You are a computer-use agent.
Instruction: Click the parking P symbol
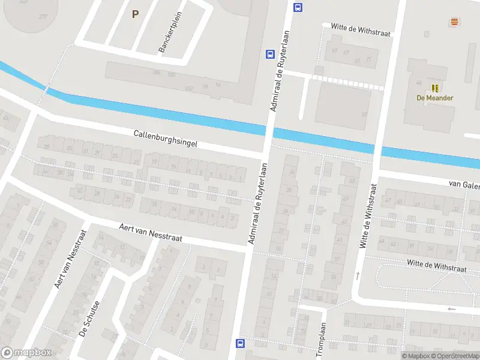coord(135,14)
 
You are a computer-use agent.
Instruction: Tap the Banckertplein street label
coord(170,32)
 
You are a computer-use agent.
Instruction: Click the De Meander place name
coord(435,98)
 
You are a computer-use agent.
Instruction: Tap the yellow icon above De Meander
coord(435,88)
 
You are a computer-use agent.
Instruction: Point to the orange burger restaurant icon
coord(454,22)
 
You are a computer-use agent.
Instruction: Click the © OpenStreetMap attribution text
coord(454,356)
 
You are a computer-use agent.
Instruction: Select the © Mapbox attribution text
coord(415,356)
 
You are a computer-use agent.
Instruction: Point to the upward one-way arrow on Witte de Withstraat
coord(358,276)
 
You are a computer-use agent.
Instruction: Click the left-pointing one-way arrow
coord(451,309)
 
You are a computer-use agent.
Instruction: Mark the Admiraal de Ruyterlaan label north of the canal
coord(280,71)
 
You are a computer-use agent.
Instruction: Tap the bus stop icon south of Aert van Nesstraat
coord(241,343)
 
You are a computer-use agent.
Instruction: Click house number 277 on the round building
coord(43,16)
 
